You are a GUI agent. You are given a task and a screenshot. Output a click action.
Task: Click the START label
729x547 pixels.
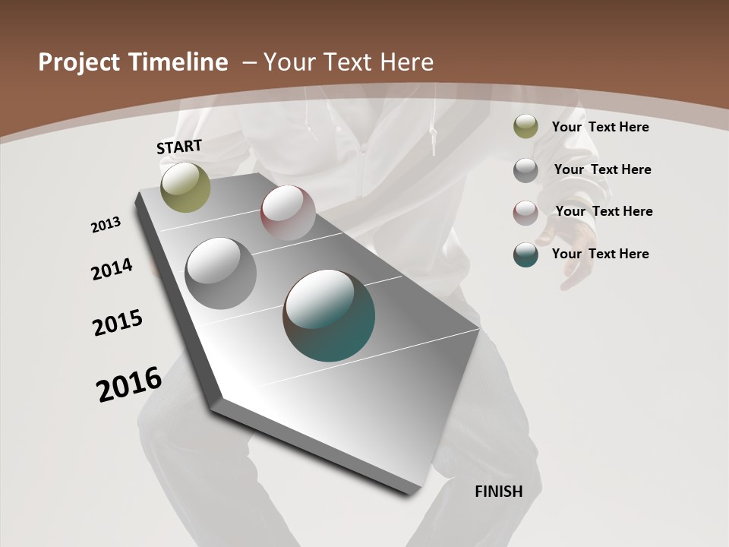pyautogui.click(x=179, y=147)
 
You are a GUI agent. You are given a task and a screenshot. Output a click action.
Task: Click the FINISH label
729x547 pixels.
pyautogui.click(x=498, y=492)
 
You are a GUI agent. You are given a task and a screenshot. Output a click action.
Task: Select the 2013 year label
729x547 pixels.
pyautogui.click(x=106, y=224)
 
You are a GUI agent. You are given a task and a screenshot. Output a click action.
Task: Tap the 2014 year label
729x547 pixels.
pyautogui.click(x=112, y=269)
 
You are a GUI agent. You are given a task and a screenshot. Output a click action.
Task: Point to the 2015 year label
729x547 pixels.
pyautogui.click(x=118, y=322)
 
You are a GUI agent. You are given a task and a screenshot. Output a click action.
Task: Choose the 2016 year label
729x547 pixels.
pyautogui.click(x=129, y=384)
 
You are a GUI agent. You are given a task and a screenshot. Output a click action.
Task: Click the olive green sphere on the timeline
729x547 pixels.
pyautogui.click(x=185, y=187)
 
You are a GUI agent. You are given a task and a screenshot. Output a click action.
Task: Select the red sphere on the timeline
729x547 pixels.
pyautogui.click(x=288, y=212)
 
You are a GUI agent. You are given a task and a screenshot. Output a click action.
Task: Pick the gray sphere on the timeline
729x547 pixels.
pyautogui.click(x=220, y=273)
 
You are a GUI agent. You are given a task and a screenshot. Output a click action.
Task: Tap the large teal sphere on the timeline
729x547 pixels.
pyautogui.click(x=329, y=315)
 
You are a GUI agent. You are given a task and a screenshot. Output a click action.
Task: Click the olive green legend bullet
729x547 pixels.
pyautogui.click(x=525, y=127)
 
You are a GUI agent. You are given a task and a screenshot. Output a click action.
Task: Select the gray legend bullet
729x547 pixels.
pyautogui.click(x=525, y=170)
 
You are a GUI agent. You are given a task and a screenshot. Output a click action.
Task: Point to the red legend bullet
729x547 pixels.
pyautogui.click(x=525, y=213)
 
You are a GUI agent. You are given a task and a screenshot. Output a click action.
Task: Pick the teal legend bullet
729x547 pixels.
pyautogui.click(x=525, y=255)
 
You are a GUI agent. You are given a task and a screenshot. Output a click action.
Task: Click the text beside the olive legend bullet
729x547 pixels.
pyautogui.click(x=600, y=127)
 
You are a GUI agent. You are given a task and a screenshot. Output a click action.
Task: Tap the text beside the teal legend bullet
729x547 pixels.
pyautogui.click(x=600, y=254)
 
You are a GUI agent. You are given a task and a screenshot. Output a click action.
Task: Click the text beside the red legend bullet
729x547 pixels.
pyautogui.click(x=604, y=211)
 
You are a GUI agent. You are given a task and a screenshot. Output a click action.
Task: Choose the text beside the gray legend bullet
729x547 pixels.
pyautogui.click(x=602, y=169)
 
